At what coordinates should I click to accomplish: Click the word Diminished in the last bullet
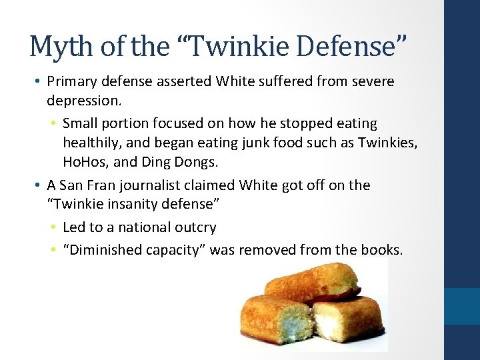coord(103,250)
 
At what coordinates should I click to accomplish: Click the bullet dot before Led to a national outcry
coord(52,227)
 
